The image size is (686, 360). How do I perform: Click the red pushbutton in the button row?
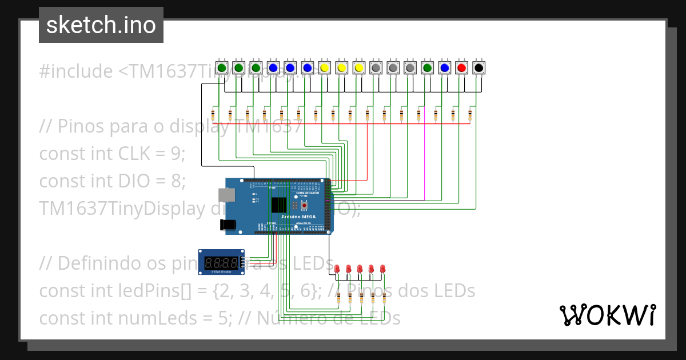[462, 68]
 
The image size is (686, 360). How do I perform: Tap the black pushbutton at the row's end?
[479, 68]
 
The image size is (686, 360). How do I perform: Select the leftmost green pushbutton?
[222, 68]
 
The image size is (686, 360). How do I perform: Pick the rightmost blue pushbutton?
[445, 68]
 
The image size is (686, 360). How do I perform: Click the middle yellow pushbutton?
[342, 68]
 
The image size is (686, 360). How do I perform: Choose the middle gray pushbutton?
[393, 68]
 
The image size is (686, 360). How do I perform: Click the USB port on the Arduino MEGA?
[228, 194]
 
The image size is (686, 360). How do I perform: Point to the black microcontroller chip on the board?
[280, 205]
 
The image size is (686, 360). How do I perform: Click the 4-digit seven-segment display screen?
[221, 263]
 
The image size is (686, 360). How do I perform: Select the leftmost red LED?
[337, 268]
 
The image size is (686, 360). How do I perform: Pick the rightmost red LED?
[383, 268]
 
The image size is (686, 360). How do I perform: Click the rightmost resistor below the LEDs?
[384, 298]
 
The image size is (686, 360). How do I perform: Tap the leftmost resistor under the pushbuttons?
[213, 115]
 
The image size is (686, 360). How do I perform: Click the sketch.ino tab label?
[101, 25]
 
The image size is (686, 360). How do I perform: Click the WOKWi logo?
[607, 315]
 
